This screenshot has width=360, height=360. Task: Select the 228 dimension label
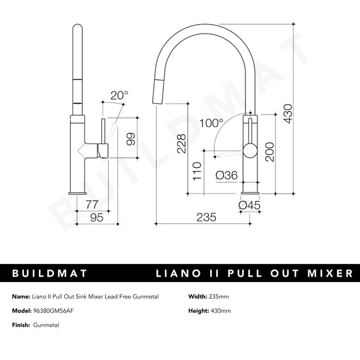pyautogui.click(x=181, y=142)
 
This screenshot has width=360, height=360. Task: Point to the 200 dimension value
pyautogui.click(x=270, y=151)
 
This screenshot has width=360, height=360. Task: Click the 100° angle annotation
pyautogui.click(x=212, y=124)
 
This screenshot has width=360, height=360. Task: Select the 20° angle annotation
pyautogui.click(x=119, y=94)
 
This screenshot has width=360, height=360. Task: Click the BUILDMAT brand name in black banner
pyautogui.click(x=50, y=274)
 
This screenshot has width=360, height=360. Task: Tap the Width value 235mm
pyautogui.click(x=218, y=297)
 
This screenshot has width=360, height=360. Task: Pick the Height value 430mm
pyautogui.click(x=220, y=310)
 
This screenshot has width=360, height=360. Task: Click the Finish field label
pyautogui.click(x=20, y=324)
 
